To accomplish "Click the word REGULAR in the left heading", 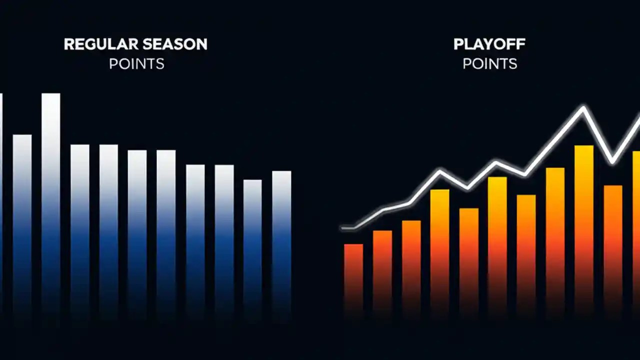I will click(x=95, y=44).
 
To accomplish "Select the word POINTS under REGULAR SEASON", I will click(x=136, y=64).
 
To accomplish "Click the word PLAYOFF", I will click(x=489, y=44).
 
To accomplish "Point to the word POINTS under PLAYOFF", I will click(x=489, y=64).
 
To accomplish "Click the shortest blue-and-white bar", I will click(x=252, y=245).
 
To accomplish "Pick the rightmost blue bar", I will click(x=281, y=240).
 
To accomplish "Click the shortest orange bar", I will click(x=353, y=277).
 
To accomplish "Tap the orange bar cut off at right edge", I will click(x=636, y=230).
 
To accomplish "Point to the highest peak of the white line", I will click(x=583, y=107).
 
